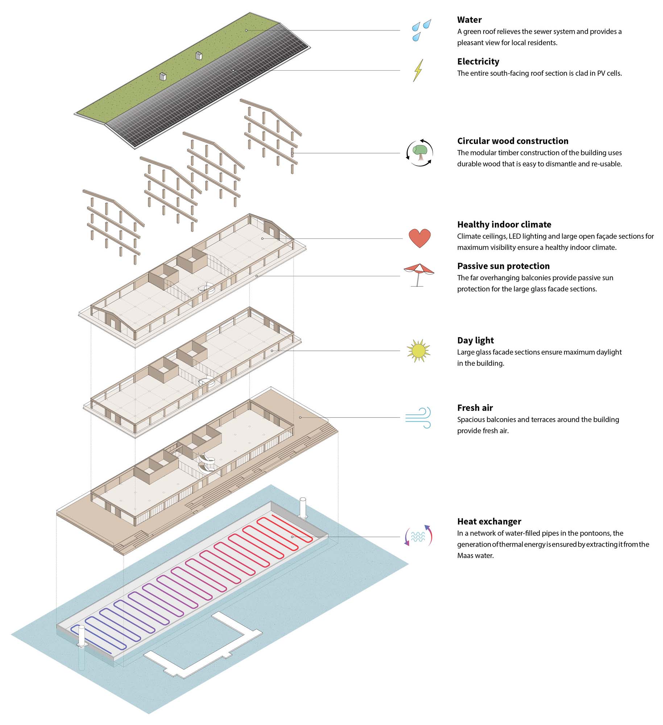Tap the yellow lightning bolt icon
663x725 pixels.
[418, 70]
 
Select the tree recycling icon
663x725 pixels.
[420, 153]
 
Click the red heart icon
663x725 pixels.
[419, 238]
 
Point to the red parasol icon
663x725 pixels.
[419, 274]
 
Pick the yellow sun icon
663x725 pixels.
[418, 351]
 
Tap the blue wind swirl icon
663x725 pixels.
[418, 417]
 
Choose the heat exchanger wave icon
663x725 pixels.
[418, 536]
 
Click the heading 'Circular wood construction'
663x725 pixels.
[513, 141]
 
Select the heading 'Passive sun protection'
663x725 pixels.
[503, 266]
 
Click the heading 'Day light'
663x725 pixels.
[475, 340]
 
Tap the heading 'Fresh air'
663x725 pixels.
[475, 408]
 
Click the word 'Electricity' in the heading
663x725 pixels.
[478, 62]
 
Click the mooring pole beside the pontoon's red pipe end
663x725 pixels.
[303, 507]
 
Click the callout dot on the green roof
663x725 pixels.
[246, 30]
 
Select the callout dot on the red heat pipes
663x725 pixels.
[292, 536]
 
